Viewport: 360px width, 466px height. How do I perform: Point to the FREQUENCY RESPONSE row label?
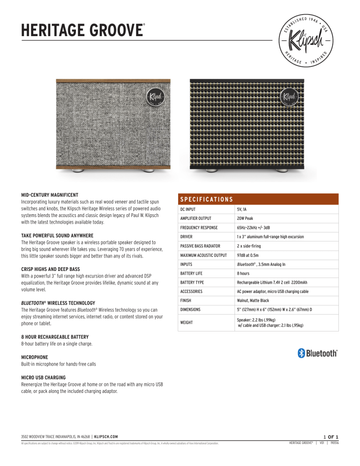coord(200,228)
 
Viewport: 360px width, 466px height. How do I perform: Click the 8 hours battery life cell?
coord(242,273)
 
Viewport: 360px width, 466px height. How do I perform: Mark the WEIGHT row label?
coord(188,322)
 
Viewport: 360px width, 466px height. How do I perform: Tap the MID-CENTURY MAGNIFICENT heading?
coord(50,195)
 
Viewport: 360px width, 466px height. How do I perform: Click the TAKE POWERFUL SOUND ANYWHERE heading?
coord(58,235)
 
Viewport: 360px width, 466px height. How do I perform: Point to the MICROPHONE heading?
coord(35,357)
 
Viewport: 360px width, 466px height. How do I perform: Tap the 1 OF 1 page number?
coord(331,436)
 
